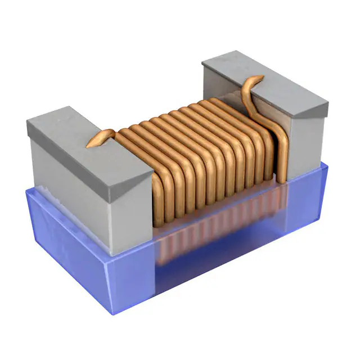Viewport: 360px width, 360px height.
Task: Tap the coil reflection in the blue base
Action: (x=214, y=236)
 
